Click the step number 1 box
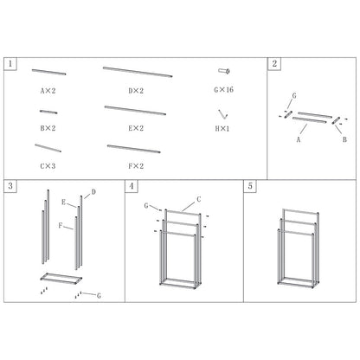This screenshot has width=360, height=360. tap(10, 64)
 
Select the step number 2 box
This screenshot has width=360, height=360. tap(274, 64)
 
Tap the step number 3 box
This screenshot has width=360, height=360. tap(10, 186)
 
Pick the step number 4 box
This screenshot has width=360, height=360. tap(132, 186)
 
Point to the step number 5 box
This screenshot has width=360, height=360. tap(250, 186)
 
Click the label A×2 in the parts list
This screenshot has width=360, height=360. tap(48, 91)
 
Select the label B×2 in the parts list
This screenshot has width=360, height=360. tap(48, 128)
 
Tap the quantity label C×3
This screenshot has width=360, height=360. tap(48, 166)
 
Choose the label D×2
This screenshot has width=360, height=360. tap(136, 91)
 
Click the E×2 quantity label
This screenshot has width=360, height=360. tap(136, 128)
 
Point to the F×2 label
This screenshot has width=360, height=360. tap(136, 166)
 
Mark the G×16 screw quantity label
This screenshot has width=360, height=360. tap(224, 90)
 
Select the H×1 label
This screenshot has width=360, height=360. tap(222, 129)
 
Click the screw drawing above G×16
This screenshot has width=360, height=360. tap(224, 71)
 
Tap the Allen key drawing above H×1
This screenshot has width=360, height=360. tap(222, 114)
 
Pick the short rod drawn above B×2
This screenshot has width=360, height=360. tap(48, 112)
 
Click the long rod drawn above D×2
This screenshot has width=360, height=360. tap(138, 72)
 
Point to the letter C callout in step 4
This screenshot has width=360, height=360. tap(199, 199)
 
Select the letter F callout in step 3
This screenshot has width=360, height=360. tap(61, 225)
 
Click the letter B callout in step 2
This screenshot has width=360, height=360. tap(344, 139)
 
